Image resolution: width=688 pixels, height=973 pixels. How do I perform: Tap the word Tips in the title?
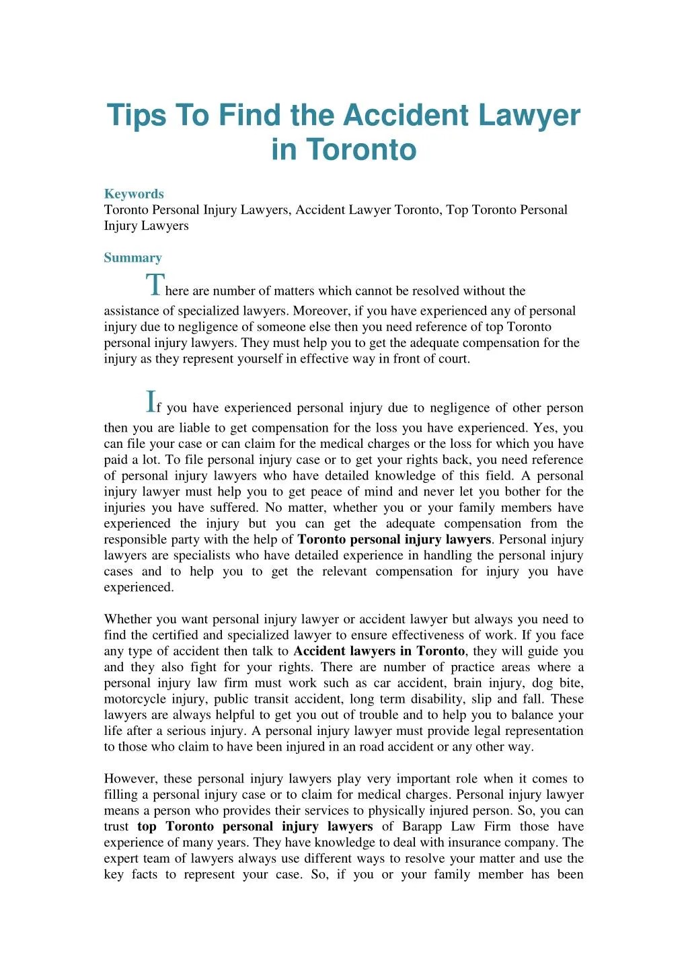(137, 115)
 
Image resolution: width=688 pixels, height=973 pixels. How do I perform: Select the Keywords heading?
(134, 194)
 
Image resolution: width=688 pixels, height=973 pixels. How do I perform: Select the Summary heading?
(132, 258)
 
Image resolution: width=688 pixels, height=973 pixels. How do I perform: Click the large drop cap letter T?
(154, 285)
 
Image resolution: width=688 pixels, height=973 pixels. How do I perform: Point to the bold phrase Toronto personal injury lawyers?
(394, 539)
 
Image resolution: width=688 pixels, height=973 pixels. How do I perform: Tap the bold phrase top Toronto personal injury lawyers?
(255, 826)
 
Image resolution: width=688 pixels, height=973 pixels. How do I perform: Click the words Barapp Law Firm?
(457, 826)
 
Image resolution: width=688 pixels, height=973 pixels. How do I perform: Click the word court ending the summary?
(453, 358)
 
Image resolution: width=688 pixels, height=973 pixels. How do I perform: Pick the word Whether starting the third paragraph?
(128, 619)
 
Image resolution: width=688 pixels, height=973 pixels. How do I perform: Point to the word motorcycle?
(135, 699)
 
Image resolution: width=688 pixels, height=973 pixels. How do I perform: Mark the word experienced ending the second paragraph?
(138, 587)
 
